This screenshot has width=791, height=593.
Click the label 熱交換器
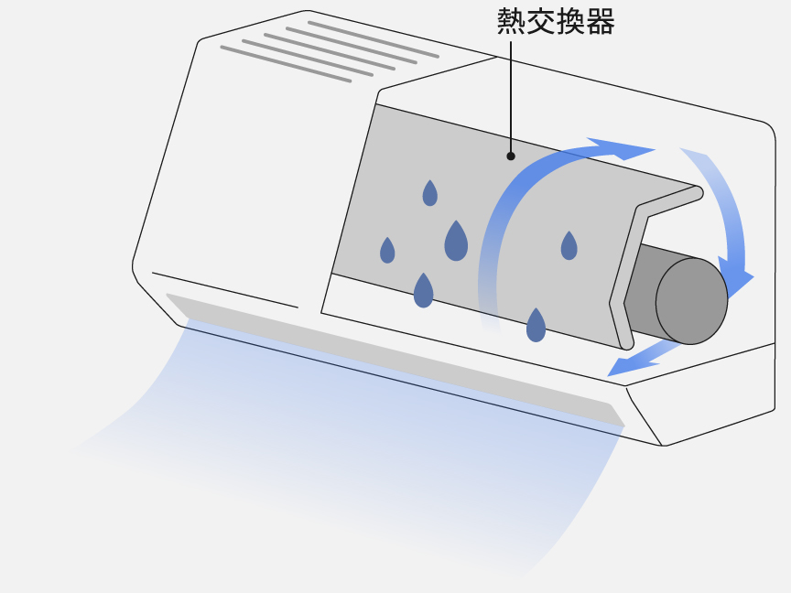pos(555,21)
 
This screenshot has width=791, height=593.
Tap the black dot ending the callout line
pos(511,156)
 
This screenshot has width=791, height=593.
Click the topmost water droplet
pos(429,193)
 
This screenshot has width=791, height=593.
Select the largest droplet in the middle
pos(456,243)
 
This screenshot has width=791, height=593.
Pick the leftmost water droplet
pos(387,251)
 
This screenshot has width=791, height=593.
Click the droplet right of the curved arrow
pos(569,246)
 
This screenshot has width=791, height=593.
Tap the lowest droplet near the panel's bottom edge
pos(536,325)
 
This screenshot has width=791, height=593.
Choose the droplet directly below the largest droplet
pos(423,291)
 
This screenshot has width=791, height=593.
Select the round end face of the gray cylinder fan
pos(691,301)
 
